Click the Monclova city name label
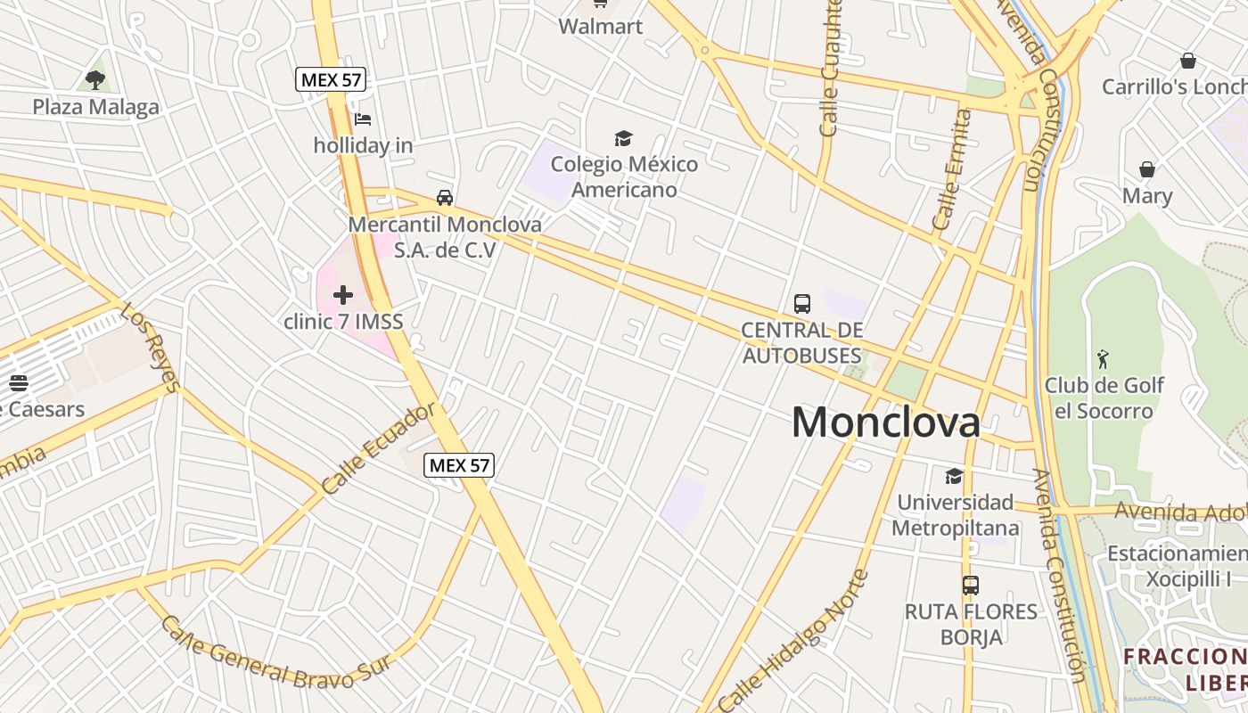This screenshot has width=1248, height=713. pos(886,422)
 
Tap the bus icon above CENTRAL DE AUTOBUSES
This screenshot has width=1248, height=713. pos(802,304)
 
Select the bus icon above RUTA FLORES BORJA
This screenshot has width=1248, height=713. pos(971,586)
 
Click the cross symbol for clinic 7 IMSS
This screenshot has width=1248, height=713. pos(343,295)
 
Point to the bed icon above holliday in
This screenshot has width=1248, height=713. pos(362,119)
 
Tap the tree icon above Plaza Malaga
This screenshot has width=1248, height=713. pos(95,80)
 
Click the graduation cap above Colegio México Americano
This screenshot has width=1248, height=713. pos(623,138)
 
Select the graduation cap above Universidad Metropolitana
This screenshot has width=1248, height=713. pos(954,476)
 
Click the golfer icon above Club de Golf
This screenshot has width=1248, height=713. pos(1104,359)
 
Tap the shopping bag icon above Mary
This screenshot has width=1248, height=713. pos(1147,169)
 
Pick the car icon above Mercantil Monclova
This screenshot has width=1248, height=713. pos(444,198)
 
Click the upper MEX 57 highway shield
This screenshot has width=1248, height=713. pos(331,79)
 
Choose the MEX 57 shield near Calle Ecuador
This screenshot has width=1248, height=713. pos(459,464)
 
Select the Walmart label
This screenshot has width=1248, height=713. pos(601,26)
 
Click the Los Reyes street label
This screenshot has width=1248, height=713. pos(150,348)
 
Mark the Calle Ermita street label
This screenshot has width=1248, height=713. pos(951,169)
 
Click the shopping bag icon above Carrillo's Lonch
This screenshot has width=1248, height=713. pos(1187,61)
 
